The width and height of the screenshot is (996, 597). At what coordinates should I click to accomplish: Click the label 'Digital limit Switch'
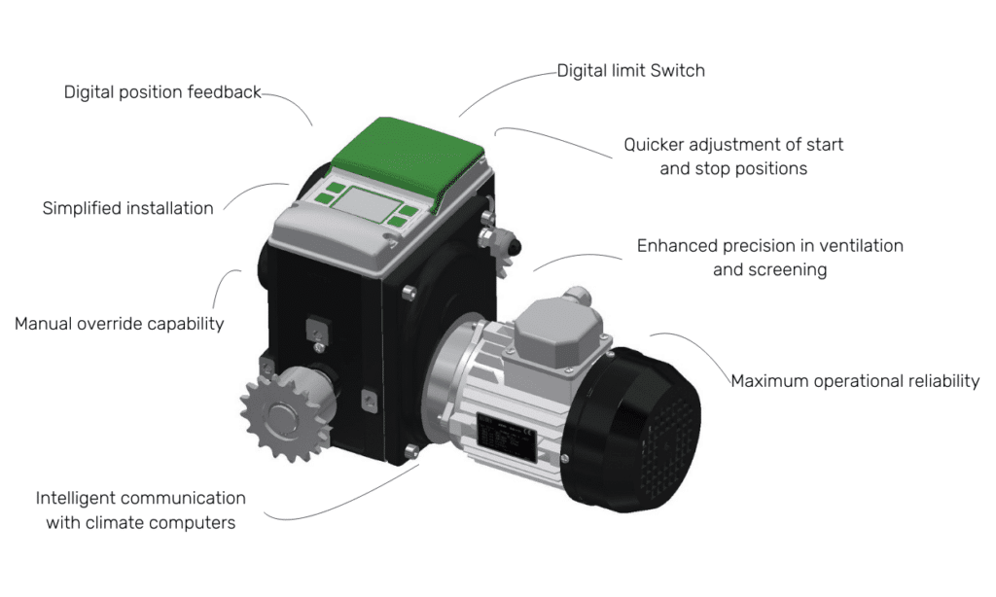pyautogui.click(x=630, y=71)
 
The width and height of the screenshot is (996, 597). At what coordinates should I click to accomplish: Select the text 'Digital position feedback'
pyautogui.click(x=162, y=92)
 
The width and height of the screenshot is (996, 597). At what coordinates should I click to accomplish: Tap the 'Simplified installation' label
pyautogui.click(x=127, y=208)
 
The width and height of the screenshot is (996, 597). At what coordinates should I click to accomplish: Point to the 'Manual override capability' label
pyautogui.click(x=120, y=324)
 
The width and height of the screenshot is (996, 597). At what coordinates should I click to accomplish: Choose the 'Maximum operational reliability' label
pyautogui.click(x=855, y=381)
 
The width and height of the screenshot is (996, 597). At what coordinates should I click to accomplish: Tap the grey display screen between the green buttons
pyautogui.click(x=367, y=204)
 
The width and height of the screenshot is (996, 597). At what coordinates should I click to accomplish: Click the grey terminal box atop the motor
pyautogui.click(x=558, y=331)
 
